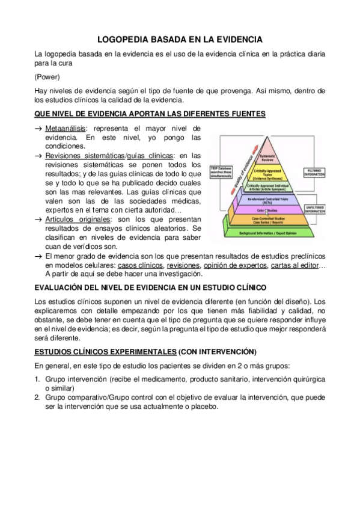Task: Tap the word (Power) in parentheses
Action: pos(46,76)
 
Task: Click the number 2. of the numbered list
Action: pos(37,397)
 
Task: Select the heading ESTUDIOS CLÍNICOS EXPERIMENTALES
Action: pos(105,351)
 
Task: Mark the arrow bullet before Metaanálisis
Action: pos(38,129)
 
